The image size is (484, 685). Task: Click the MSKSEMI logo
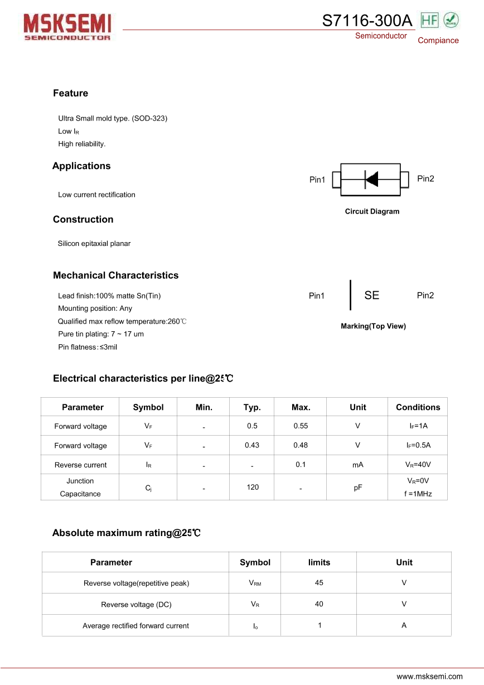(x=67, y=27)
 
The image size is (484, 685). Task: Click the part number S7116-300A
(x=367, y=21)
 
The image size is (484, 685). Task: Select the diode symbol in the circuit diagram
(x=371, y=179)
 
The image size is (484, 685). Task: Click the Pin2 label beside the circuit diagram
(x=425, y=179)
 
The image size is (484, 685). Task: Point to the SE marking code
(x=371, y=296)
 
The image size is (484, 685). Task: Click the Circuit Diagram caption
(x=372, y=211)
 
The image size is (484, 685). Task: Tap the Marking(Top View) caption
(x=373, y=326)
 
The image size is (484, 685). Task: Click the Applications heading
(x=81, y=166)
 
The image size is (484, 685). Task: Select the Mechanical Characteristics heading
(x=115, y=275)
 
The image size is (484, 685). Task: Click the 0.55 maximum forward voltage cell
(x=301, y=426)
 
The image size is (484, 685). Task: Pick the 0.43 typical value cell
(x=252, y=445)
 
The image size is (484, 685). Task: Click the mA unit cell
(x=357, y=465)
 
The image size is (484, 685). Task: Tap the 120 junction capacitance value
(x=253, y=487)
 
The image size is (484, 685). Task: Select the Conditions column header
(x=418, y=407)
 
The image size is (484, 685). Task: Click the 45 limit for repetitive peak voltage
(x=319, y=582)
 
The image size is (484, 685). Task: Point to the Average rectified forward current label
(x=135, y=626)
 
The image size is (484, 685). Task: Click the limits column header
(x=319, y=562)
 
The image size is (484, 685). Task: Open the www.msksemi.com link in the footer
(x=429, y=676)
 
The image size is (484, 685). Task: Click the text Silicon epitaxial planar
(x=94, y=243)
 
